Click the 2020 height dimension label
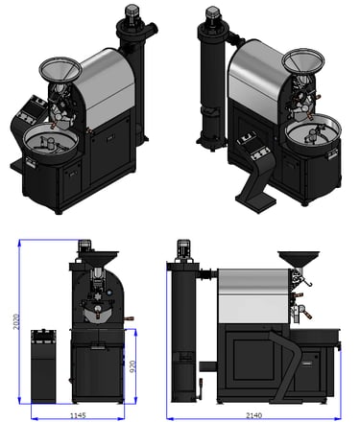point(16,321)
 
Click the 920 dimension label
point(132,366)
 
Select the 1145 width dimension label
point(78,415)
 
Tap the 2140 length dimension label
point(253,415)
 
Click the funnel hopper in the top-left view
point(60,70)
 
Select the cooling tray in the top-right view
point(313,132)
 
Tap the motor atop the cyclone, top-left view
point(132,13)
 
